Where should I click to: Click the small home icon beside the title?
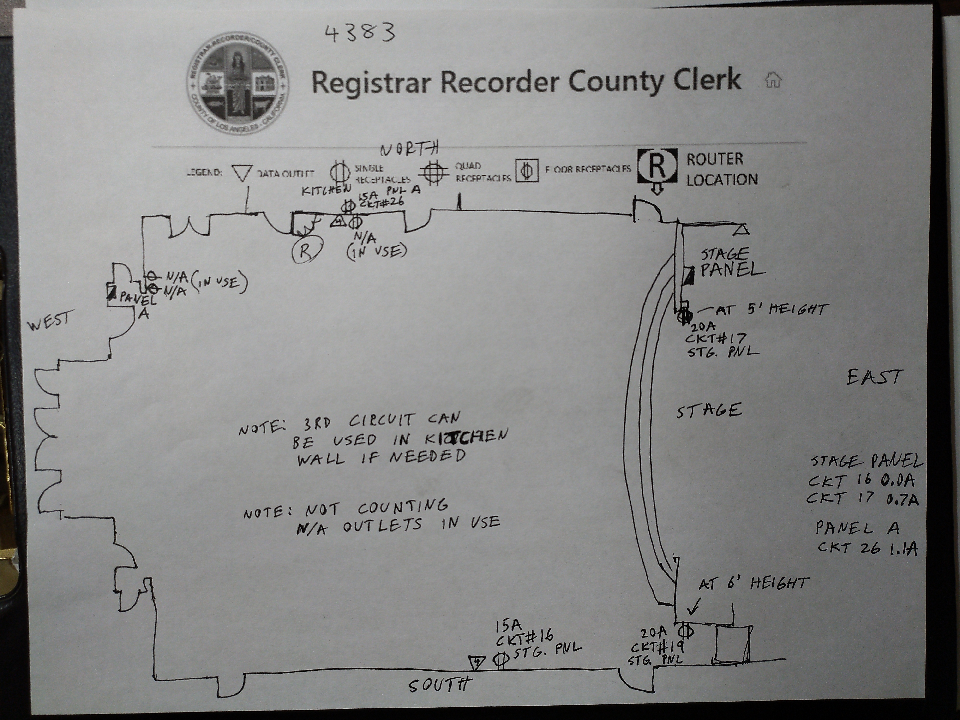pyautogui.click(x=773, y=80)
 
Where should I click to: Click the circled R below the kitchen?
pyautogui.click(x=306, y=250)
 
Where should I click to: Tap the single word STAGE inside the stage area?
pyautogui.click(x=709, y=410)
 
